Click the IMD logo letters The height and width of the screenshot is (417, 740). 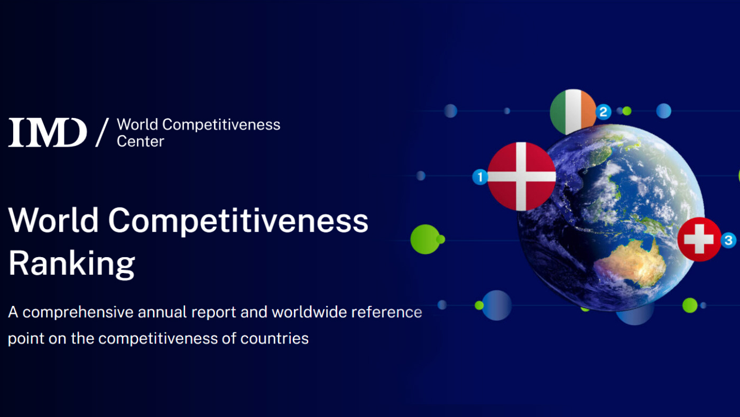[x=48, y=132]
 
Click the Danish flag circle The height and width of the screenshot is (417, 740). [x=521, y=176]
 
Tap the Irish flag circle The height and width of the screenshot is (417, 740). [x=573, y=112]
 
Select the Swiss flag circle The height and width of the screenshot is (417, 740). [x=699, y=239]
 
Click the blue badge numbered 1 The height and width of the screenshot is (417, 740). [x=480, y=177]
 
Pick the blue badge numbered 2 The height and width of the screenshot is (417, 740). [x=604, y=112]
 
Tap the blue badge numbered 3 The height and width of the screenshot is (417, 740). [x=728, y=240]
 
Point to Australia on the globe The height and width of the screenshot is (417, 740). [x=632, y=263]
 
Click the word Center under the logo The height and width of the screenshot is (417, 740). [x=141, y=141]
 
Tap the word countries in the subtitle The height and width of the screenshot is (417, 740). [x=274, y=339]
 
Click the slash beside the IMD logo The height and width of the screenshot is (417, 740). [x=102, y=132]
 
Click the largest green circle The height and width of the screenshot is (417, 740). [x=425, y=239]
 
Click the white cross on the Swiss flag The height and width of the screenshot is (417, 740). [x=699, y=239]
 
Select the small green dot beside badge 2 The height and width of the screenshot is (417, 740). [x=627, y=111]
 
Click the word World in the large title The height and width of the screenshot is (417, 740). [x=53, y=221]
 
